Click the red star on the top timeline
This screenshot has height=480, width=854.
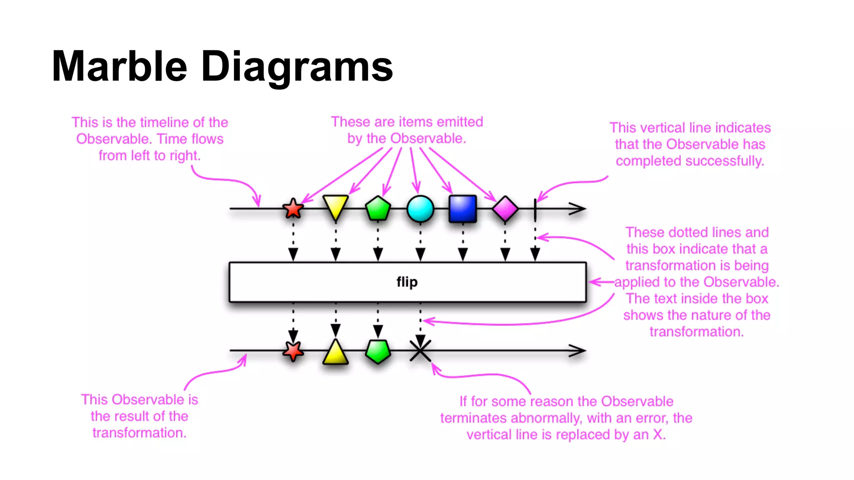[293, 209]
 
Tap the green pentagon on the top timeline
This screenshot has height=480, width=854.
[378, 209]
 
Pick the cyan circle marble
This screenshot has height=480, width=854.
[420, 209]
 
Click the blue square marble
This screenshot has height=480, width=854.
[462, 209]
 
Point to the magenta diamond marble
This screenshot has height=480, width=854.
[505, 209]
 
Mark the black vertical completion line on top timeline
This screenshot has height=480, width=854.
[535, 209]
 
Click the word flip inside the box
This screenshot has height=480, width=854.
[407, 282]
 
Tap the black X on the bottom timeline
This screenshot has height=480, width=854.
[420, 350]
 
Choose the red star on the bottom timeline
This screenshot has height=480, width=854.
[293, 351]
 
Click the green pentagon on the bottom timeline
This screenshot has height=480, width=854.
[378, 351]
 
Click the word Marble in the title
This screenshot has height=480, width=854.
[119, 66]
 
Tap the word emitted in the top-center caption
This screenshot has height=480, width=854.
[460, 122]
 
